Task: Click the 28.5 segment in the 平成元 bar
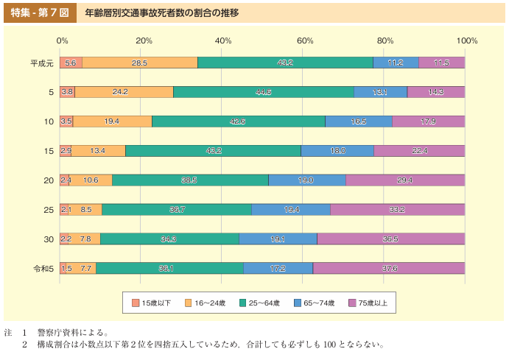click(140, 63)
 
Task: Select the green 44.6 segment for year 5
click(264, 92)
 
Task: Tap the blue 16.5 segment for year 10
click(359, 121)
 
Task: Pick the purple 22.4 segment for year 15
click(419, 151)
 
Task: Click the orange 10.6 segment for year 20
click(91, 180)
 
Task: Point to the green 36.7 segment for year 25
click(177, 210)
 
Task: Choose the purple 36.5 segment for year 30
click(391, 239)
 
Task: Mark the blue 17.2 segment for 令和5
click(278, 269)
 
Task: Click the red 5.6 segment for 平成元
click(71, 63)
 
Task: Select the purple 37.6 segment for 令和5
click(389, 269)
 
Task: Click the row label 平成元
click(41, 63)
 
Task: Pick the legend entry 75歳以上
click(373, 303)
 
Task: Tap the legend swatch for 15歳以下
click(136, 303)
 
